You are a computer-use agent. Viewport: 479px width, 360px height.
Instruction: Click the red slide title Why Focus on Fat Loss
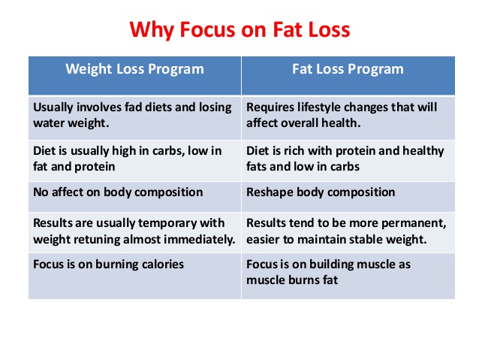pos(239,29)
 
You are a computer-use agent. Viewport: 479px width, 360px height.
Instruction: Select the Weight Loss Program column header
pos(134,76)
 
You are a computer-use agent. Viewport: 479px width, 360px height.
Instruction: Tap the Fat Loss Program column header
pos(348,76)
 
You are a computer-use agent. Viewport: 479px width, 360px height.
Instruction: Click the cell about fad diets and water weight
pos(134,118)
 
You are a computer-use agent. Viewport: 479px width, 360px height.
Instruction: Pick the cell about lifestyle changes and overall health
pos(348,118)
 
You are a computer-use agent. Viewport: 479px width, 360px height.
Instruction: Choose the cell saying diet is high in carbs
pos(134,161)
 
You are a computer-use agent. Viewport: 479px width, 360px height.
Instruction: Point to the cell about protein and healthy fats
pos(348,161)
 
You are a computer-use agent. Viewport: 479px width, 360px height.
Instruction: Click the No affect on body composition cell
pos(134,197)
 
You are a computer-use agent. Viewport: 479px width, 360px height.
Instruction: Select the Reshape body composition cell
pos(348,197)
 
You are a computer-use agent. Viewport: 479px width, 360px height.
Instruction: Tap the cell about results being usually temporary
pos(134,232)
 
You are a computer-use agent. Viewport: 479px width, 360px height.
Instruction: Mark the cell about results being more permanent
pos(348,232)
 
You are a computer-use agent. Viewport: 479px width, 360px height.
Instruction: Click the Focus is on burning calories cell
pos(134,276)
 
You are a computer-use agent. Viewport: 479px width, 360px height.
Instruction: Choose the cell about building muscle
pos(348,276)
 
